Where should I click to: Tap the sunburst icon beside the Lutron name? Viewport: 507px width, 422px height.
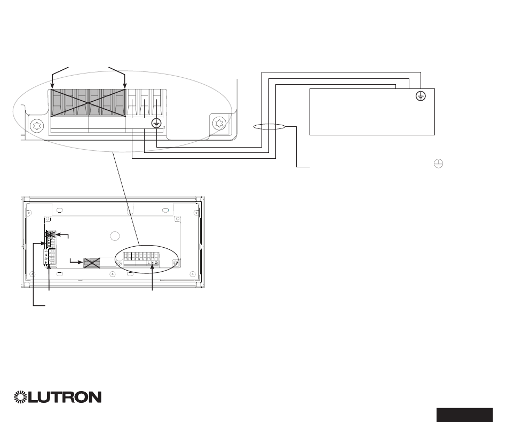[x=23, y=397]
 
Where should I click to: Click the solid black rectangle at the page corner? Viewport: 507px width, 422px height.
[x=464, y=415]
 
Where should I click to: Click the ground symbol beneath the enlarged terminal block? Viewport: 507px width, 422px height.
[x=156, y=124]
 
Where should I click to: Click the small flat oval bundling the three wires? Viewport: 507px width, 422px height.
[x=268, y=127]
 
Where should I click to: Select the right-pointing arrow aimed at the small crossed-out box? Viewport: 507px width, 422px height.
[x=80, y=262]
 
